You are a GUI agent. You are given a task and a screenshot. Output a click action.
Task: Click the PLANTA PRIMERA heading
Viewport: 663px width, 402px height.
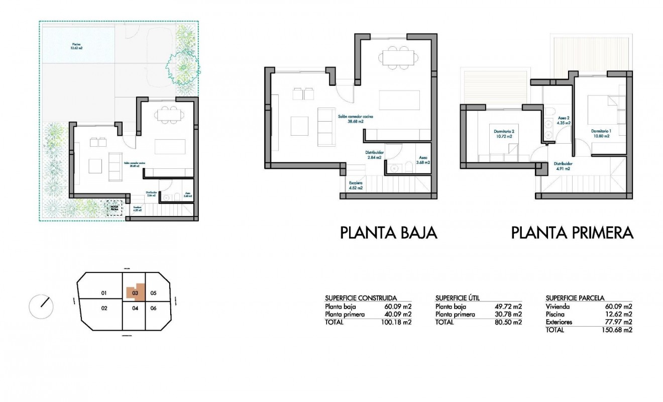572,233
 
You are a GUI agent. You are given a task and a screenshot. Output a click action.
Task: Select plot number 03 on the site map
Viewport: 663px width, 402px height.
135,292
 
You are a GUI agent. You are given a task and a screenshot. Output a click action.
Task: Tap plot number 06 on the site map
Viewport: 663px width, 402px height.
154,308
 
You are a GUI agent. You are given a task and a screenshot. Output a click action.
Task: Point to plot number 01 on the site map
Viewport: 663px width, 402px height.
104,293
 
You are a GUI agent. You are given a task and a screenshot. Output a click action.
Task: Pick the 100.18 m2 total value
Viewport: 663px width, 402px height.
396,323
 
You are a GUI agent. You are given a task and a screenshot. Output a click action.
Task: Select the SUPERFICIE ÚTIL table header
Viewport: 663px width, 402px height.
461,298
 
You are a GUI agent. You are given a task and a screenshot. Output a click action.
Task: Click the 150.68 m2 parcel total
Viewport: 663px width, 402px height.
616,330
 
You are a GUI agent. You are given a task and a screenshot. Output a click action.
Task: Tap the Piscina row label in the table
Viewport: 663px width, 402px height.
557,315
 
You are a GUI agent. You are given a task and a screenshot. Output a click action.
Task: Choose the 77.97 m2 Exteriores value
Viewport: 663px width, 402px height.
618,322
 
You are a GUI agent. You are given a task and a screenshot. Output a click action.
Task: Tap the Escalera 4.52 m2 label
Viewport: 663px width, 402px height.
356,185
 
